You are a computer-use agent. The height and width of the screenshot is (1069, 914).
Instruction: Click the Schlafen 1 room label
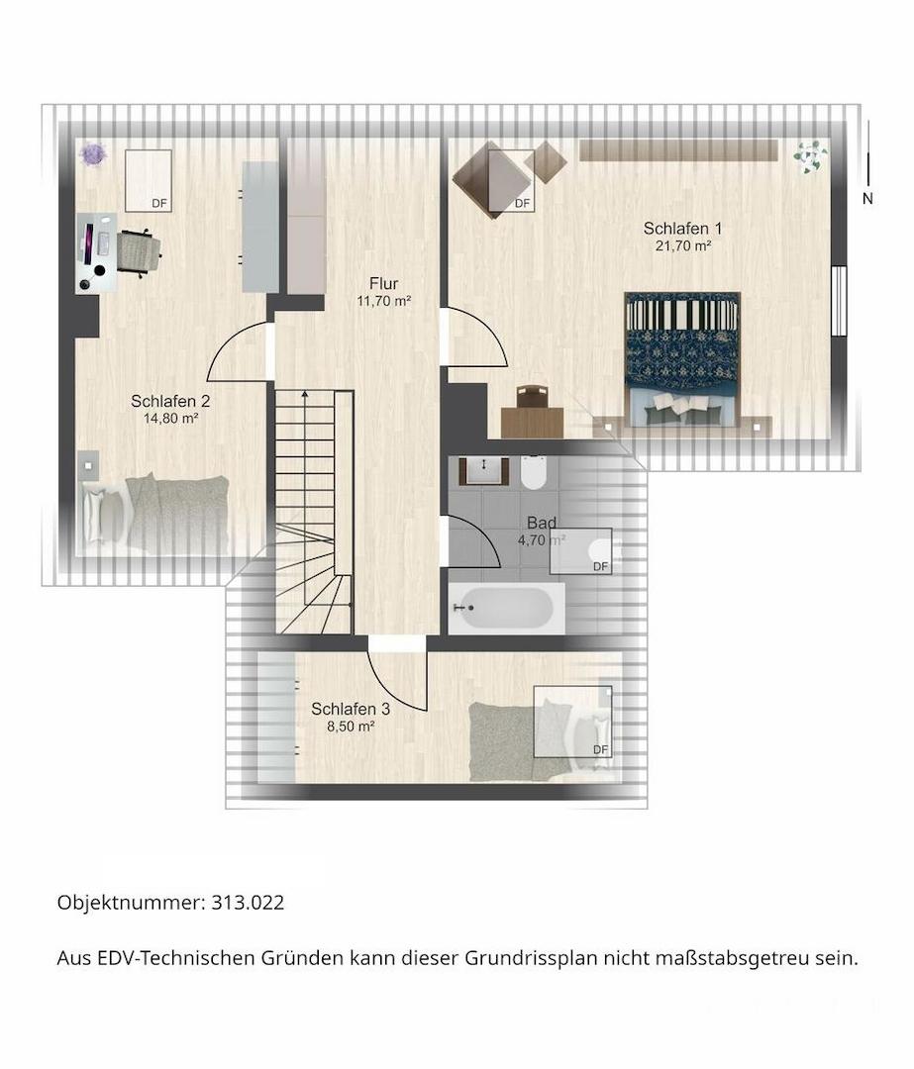click(x=682, y=229)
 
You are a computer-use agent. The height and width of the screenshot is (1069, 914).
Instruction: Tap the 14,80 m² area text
click(x=170, y=419)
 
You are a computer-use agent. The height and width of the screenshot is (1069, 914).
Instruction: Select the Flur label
click(x=383, y=284)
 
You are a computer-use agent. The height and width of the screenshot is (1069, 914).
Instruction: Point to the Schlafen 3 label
click(x=351, y=709)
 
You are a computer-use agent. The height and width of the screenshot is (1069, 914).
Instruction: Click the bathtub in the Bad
click(x=507, y=608)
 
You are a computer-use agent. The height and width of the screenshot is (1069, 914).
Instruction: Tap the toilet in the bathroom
click(x=533, y=472)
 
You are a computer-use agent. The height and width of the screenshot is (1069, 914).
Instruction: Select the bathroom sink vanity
click(x=483, y=471)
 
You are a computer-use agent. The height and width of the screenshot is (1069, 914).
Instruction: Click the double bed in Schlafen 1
click(x=682, y=360)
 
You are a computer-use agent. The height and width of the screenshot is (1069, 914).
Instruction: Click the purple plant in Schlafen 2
click(x=93, y=154)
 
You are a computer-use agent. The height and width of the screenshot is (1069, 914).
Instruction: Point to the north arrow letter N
click(x=867, y=199)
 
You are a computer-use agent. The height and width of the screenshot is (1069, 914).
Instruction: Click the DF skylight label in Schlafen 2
click(x=158, y=203)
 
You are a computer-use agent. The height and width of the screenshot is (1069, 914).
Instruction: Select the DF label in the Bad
click(x=600, y=566)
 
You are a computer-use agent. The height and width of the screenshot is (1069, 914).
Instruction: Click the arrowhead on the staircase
click(x=304, y=393)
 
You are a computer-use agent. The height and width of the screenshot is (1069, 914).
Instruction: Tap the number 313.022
click(x=248, y=903)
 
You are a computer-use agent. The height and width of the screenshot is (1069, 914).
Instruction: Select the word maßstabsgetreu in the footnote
click(x=733, y=958)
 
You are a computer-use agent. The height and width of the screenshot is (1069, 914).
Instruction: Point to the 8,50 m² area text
click(x=351, y=727)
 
